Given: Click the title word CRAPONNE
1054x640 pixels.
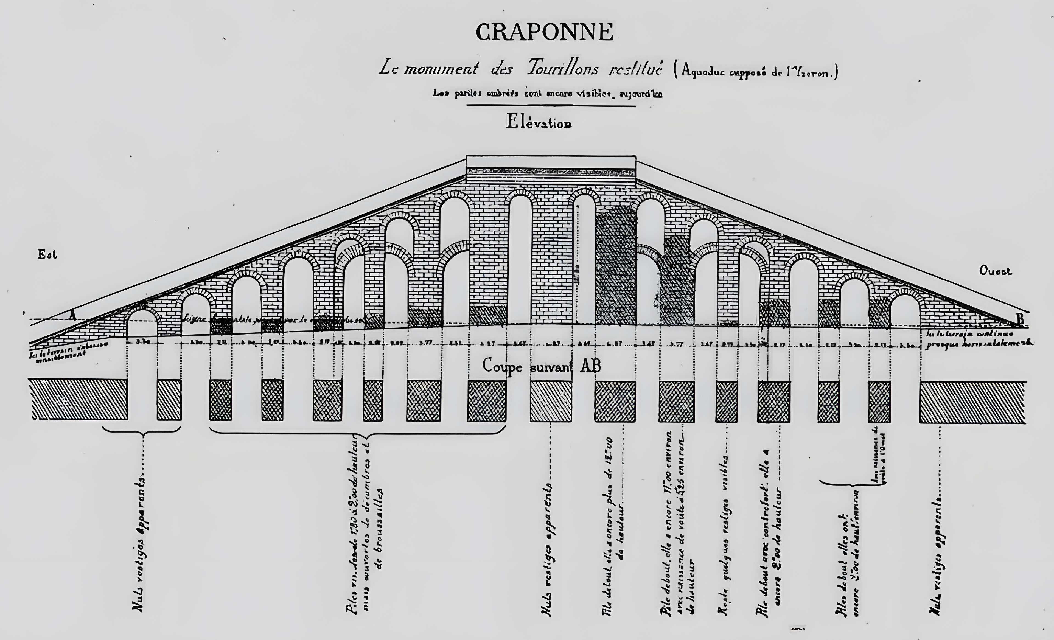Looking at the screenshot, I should [545, 32].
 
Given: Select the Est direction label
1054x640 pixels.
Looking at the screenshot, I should [47, 255].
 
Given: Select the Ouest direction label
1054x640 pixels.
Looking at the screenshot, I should [995, 271].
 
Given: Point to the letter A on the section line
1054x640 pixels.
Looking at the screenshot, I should [73, 316].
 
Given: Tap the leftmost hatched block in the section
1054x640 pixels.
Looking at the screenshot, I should [78, 399].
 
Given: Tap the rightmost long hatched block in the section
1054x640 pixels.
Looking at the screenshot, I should [972, 402].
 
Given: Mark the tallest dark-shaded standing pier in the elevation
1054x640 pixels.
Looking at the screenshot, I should [615, 267].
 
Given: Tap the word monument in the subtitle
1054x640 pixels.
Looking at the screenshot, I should [441, 68].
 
